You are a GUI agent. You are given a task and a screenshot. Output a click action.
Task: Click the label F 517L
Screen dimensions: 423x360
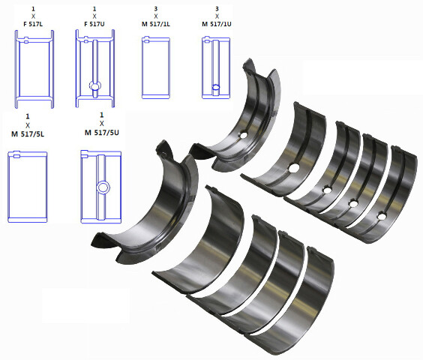(x=33, y=24)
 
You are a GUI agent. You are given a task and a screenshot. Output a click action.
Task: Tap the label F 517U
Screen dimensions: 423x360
(x=94, y=24)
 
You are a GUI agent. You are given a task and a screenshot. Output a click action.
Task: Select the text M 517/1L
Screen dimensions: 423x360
(x=156, y=24)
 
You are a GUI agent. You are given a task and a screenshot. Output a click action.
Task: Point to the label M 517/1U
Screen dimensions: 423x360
(x=217, y=24)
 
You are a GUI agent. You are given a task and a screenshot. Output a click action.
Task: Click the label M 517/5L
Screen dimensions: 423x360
(x=28, y=134)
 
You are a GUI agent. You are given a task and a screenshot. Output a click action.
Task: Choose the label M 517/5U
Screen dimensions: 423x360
(x=102, y=133)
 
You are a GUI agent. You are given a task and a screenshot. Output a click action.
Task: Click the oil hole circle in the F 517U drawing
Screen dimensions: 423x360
(x=95, y=86)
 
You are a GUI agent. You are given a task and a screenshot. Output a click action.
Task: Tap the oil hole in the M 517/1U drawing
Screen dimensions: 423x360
(x=216, y=87)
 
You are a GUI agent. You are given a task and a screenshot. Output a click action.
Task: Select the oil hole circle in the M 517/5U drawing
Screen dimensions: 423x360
(x=103, y=187)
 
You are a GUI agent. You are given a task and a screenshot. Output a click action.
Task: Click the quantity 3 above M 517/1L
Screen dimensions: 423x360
(x=156, y=9)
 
